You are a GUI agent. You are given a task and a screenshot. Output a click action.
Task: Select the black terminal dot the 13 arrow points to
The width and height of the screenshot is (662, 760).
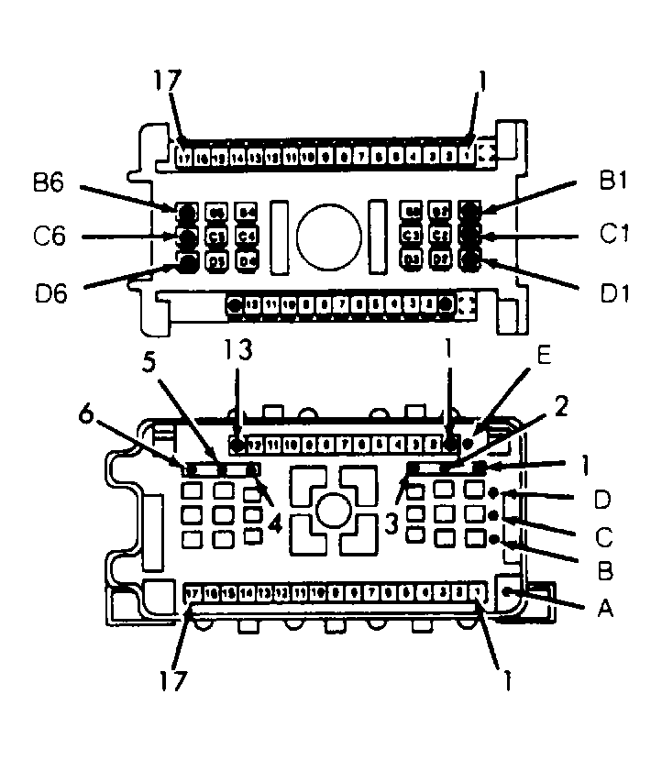[x=237, y=446]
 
